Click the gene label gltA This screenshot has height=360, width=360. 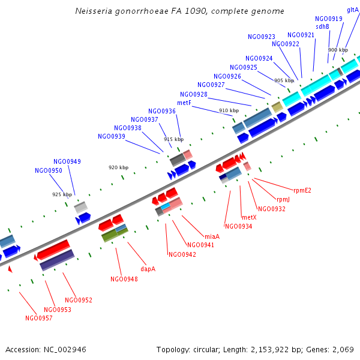(353, 10)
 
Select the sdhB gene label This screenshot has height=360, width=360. (322, 26)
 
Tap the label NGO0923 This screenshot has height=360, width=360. (262, 37)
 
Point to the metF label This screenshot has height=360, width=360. (184, 103)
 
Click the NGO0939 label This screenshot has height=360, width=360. (112, 136)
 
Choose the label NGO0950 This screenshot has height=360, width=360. (49, 170)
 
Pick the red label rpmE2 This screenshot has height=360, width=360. (302, 191)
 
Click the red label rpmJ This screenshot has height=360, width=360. (283, 199)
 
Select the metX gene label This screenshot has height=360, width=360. (249, 217)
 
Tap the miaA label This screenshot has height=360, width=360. (212, 236)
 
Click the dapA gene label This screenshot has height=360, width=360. (148, 269)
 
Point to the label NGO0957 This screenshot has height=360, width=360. (39, 318)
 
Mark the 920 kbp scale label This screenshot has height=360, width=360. (118, 167)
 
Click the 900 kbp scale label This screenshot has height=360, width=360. (338, 50)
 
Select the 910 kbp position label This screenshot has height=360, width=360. (229, 110)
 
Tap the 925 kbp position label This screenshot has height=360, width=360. (62, 194)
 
